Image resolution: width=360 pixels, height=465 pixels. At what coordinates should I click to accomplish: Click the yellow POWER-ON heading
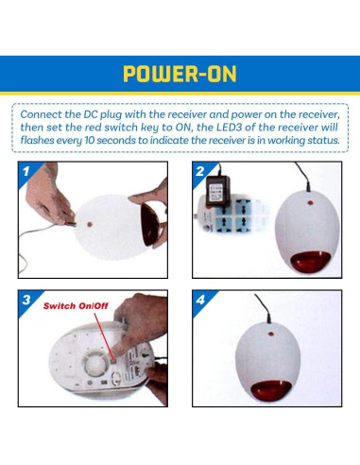pyautogui.click(x=180, y=74)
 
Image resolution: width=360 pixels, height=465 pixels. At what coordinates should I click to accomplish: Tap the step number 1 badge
pyautogui.click(x=26, y=171)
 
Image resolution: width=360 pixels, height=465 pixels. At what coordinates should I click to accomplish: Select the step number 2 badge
pyautogui.click(x=200, y=171)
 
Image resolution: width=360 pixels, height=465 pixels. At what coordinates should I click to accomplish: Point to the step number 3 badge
pyautogui.click(x=26, y=300)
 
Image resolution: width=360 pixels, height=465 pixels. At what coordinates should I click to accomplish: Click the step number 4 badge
pyautogui.click(x=200, y=300)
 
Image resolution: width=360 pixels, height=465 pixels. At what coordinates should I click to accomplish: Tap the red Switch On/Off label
pyautogui.click(x=76, y=306)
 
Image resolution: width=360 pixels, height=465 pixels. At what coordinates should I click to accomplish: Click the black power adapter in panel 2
pyautogui.click(x=218, y=191)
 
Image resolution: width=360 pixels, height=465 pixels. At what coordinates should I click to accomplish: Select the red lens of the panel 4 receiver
pyautogui.click(x=271, y=390)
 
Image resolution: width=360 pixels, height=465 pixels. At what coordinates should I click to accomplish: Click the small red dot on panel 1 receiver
pyautogui.click(x=90, y=225)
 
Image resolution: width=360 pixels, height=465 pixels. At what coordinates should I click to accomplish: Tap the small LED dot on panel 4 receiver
pyautogui.click(x=271, y=334)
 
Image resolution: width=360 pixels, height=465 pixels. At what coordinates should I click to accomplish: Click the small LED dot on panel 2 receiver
pyautogui.click(x=310, y=202)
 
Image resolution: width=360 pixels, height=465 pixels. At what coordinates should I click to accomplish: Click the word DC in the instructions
pyautogui.click(x=91, y=114)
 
